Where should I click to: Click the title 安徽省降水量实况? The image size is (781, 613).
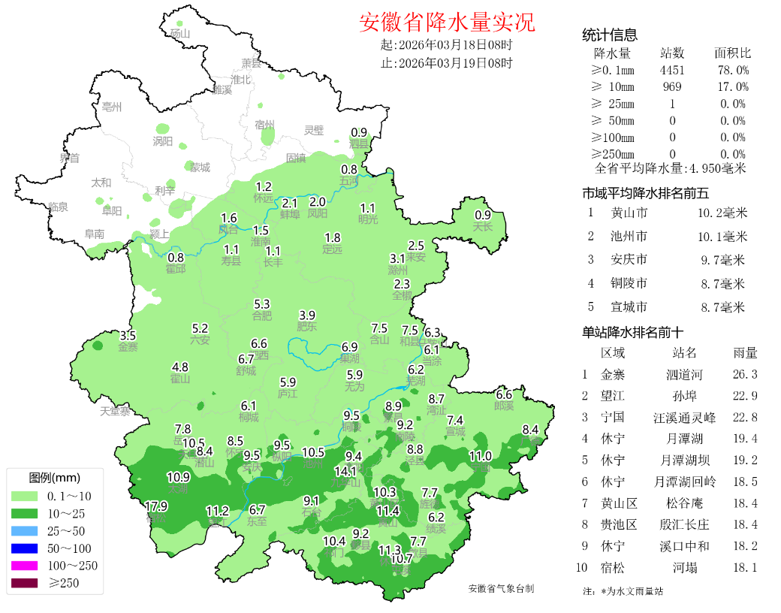447,23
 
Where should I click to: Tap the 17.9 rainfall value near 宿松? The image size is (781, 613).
156,506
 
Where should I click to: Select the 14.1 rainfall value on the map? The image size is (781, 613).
345,471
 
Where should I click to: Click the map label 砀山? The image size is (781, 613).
180,33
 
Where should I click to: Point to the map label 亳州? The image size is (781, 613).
112,107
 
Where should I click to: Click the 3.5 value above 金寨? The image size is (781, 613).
128,336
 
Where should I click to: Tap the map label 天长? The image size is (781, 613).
482,226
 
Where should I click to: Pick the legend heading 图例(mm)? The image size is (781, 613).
54,478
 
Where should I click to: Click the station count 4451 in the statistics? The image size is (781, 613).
672,70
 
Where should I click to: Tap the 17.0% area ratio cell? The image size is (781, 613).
732,87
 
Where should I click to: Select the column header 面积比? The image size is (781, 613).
732,53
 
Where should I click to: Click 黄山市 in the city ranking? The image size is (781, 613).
629,213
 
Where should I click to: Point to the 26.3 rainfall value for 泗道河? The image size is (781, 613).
744,374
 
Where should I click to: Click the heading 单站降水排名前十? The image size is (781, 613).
633,331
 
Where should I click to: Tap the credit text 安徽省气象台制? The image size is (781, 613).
501,589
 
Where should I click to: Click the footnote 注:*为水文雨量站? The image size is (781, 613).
623,591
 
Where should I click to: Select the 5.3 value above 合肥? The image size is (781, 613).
262,304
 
